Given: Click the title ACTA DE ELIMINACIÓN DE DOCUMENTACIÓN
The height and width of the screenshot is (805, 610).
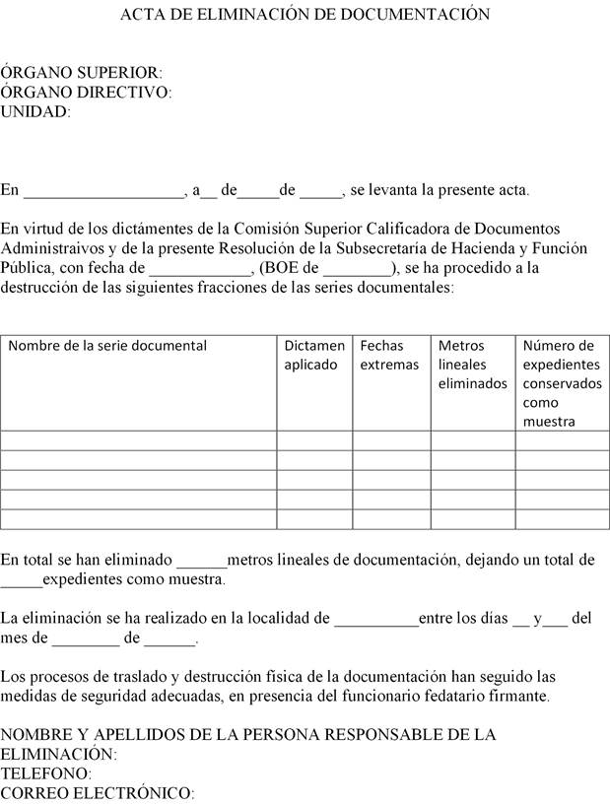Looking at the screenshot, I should tap(305, 15).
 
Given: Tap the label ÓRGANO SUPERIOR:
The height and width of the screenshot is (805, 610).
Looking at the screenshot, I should tap(81, 73).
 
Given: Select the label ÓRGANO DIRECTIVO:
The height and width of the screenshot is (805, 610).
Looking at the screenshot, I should tap(86, 93).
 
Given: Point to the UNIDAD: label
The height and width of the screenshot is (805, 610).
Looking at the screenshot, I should tap(36, 112).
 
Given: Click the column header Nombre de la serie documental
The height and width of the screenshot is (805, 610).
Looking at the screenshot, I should tap(107, 346).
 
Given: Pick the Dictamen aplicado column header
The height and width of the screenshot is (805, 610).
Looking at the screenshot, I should tap(314, 355).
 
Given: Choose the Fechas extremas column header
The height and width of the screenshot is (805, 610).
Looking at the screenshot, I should tap(389, 355).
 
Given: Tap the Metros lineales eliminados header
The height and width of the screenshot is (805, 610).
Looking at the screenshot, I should tap(472, 365).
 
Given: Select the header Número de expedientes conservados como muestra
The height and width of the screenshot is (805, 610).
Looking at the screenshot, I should tap(561, 383).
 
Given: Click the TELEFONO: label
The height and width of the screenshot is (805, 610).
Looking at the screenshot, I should tap(45, 773).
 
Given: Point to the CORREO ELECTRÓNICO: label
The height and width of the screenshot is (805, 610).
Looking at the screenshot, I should tap(98, 793).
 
